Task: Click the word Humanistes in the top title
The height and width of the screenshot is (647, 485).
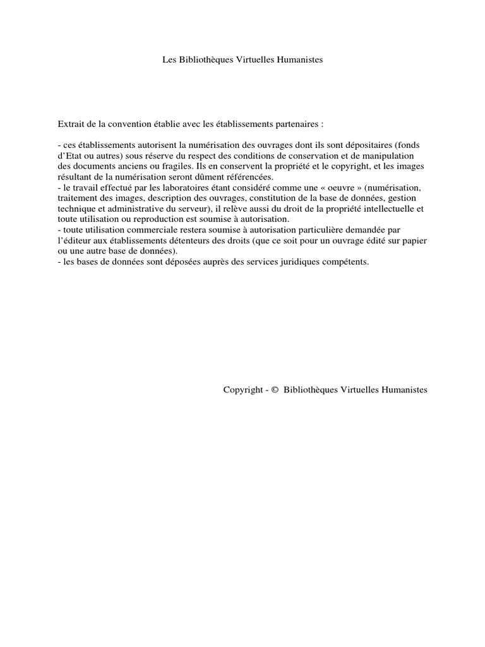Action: pyautogui.click(x=297, y=60)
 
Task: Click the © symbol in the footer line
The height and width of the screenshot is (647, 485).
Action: pyautogui.click(x=275, y=390)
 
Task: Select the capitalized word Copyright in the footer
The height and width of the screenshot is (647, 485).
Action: pyautogui.click(x=242, y=390)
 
